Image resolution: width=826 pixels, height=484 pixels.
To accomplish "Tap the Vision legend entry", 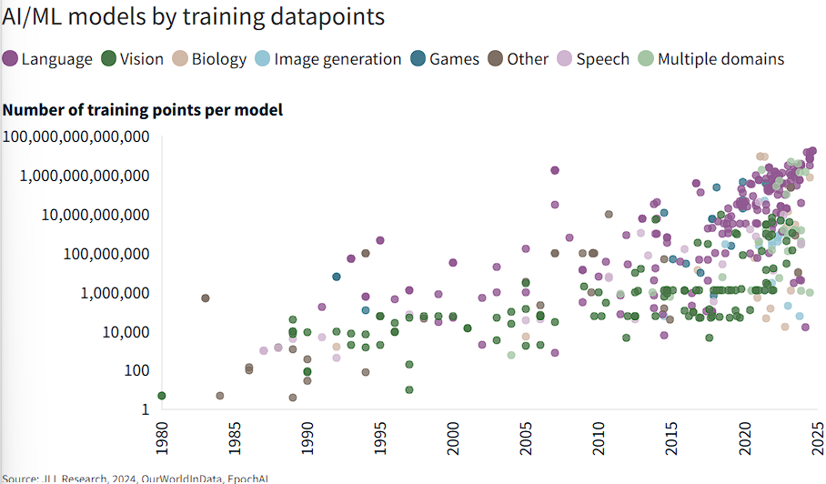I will click(x=132, y=59).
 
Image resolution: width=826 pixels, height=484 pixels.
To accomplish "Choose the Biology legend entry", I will click(x=209, y=59).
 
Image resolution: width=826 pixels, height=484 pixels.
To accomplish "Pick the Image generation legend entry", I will click(x=327, y=59).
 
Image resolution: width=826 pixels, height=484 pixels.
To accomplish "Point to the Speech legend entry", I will click(x=593, y=59).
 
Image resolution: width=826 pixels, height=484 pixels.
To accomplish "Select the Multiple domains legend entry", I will click(x=710, y=59).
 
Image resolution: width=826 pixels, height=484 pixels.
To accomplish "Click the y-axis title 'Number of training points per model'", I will click(x=143, y=110).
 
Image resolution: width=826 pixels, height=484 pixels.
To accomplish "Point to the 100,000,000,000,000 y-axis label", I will click(x=76, y=137).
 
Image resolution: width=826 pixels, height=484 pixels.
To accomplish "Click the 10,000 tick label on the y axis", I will click(x=119, y=331).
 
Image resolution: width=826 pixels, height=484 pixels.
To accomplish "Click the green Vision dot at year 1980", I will click(x=161, y=396).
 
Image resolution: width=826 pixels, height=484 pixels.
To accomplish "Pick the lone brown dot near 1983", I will click(x=206, y=298).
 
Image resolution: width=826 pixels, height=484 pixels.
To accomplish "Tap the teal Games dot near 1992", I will click(x=337, y=277).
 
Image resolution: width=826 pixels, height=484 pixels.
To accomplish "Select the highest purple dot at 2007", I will click(x=555, y=170).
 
